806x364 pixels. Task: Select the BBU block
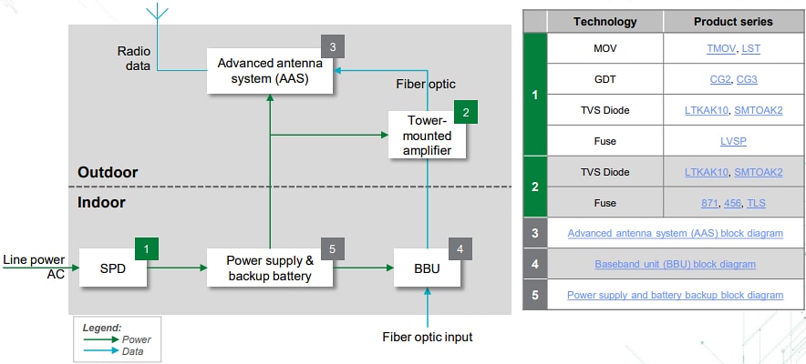[427, 268]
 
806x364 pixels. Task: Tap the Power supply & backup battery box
[269, 268]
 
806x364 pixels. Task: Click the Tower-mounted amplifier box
[427, 136]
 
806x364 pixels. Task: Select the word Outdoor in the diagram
[108, 172]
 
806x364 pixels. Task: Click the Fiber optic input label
[427, 337]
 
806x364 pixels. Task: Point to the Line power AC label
[34, 268]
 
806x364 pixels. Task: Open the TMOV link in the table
[721, 47]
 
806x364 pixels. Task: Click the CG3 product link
[747, 79]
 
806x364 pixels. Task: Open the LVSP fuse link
[733, 142]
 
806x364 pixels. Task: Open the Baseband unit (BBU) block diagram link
[675, 264]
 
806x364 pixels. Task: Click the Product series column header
[732, 21]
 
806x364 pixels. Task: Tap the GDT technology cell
[605, 79]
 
